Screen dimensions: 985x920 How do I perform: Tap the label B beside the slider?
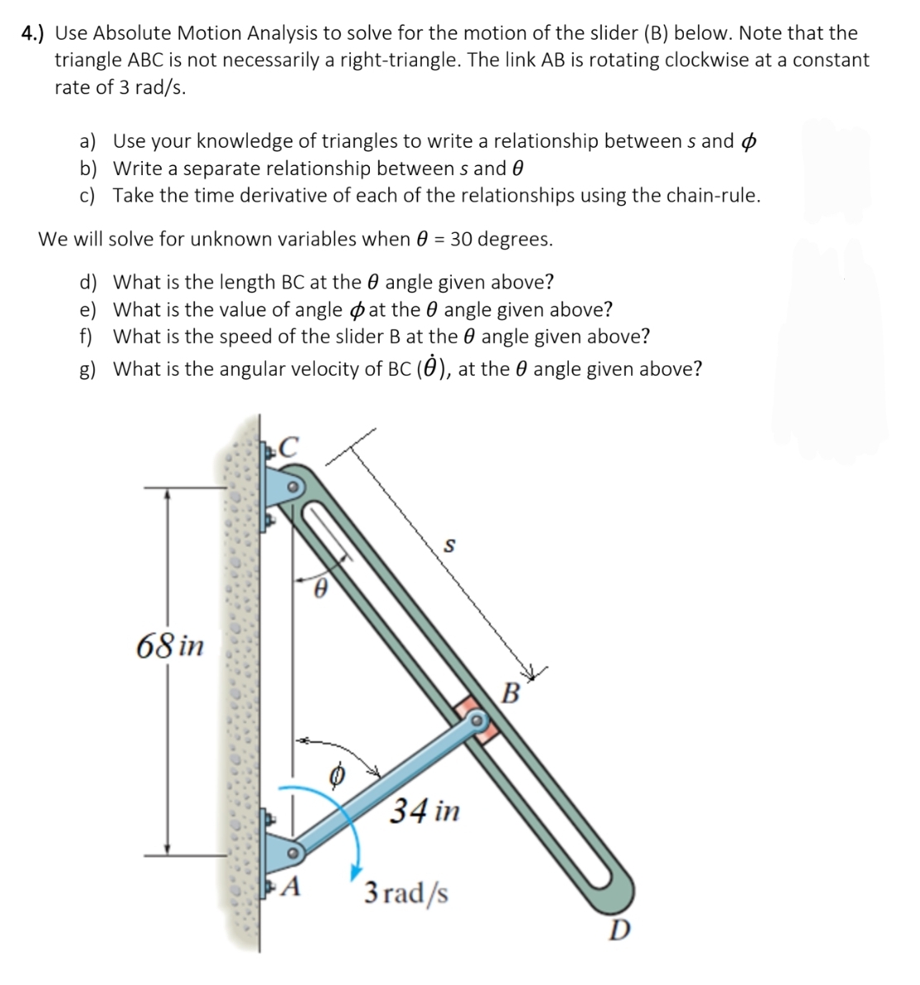[511, 692]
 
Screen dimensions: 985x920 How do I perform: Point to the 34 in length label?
[424, 810]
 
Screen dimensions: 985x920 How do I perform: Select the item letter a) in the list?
[88, 141]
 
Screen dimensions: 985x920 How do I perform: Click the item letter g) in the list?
[88, 369]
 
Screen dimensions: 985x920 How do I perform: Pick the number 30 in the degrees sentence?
[461, 240]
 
